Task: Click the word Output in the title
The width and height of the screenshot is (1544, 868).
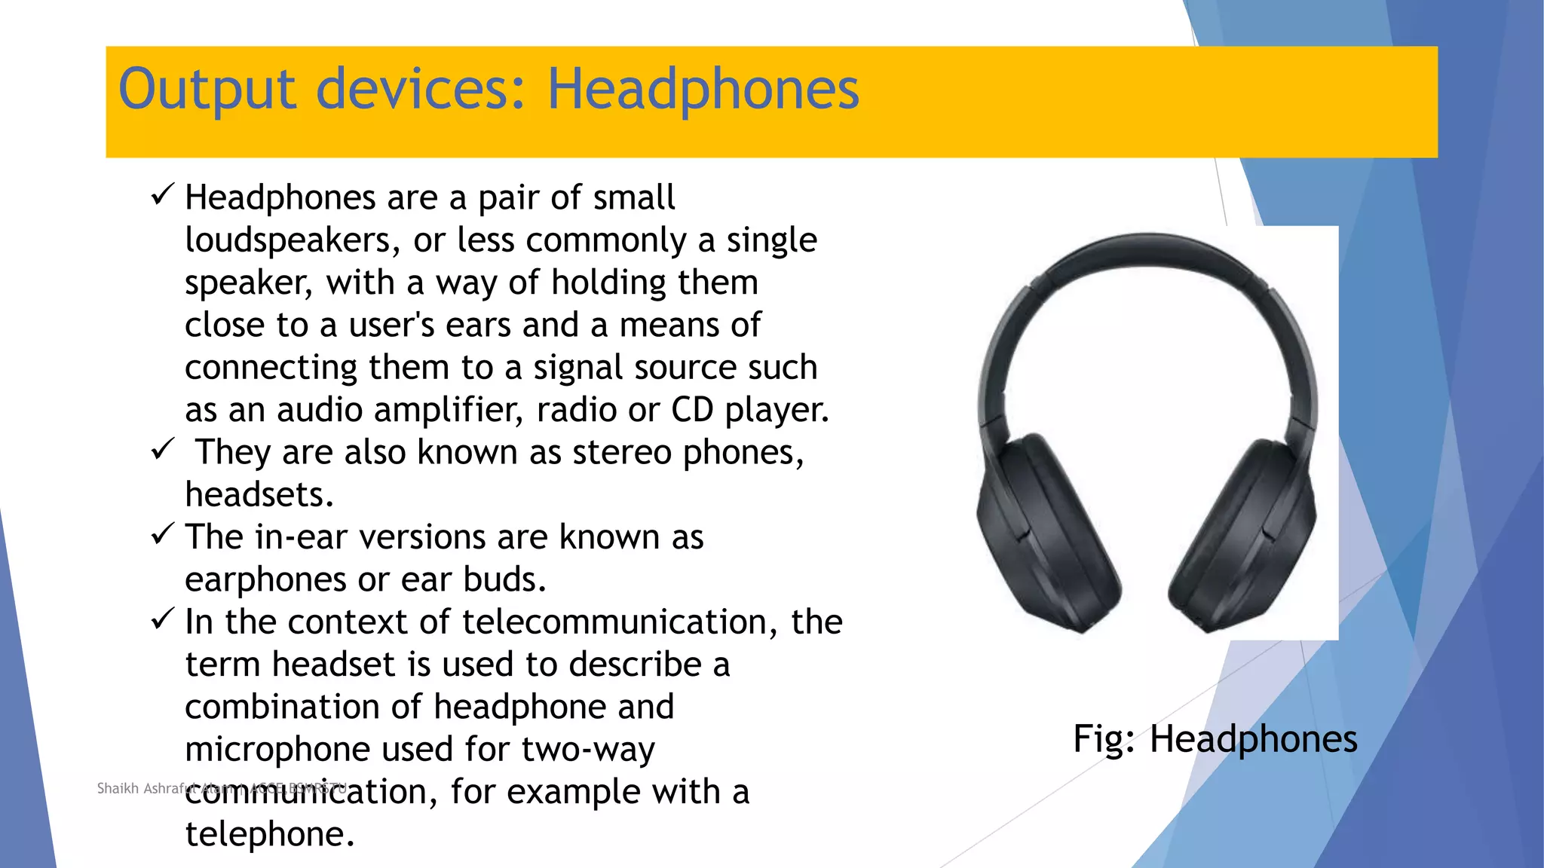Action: pos(207,90)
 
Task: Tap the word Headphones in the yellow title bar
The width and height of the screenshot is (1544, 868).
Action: pos(703,90)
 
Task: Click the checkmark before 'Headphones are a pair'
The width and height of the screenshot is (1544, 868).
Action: pos(163,195)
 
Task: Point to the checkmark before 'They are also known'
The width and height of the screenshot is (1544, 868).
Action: pos(163,450)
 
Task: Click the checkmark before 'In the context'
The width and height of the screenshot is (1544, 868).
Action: pos(163,619)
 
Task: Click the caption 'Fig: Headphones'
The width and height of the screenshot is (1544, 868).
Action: pos(1215,739)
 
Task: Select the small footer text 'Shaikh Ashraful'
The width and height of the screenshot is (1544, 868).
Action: pos(142,789)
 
